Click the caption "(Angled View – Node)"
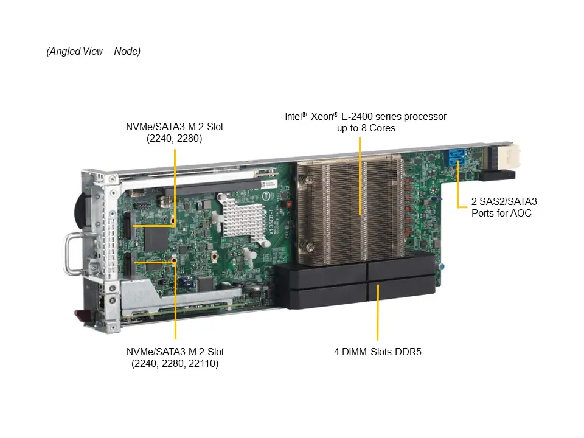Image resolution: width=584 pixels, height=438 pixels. tap(93, 51)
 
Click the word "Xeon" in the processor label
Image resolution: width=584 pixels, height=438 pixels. tap(322, 116)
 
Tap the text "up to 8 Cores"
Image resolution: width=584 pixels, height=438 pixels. tap(366, 128)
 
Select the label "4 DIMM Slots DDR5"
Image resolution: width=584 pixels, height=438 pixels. tap(377, 352)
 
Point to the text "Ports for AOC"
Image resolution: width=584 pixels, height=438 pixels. tap(501, 213)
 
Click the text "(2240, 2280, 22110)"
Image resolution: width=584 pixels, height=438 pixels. tap(175, 363)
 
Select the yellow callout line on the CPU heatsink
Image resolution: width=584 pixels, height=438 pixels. tap(360, 176)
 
